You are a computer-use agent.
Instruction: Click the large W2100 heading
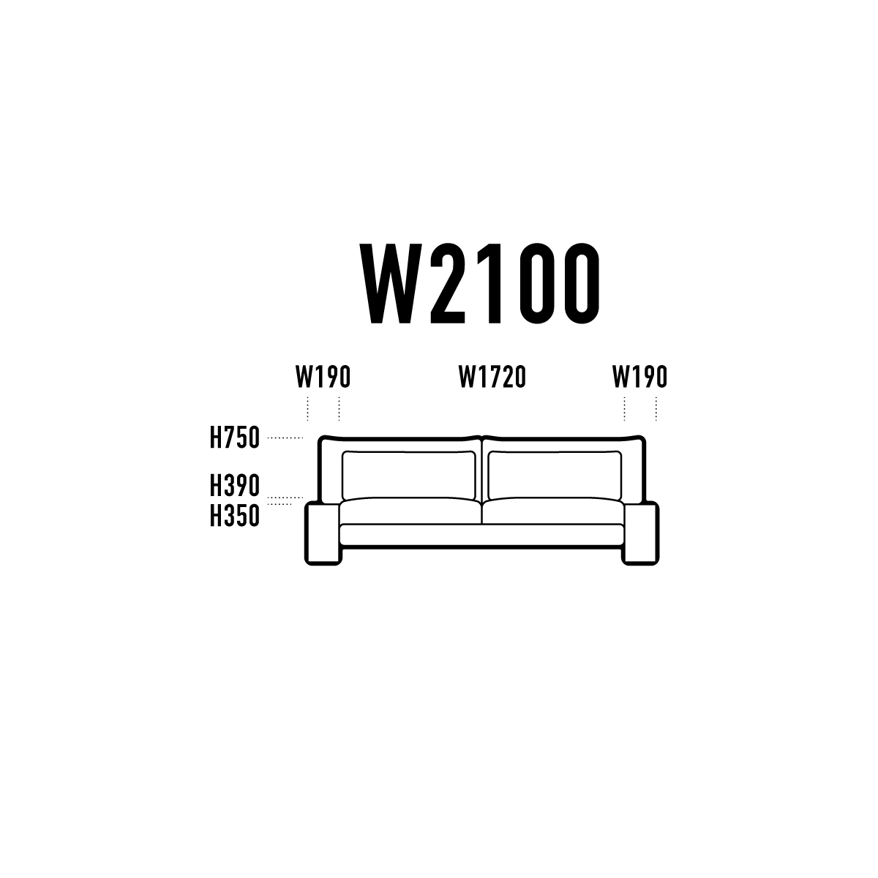click(x=479, y=283)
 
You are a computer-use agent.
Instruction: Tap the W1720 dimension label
click(x=492, y=377)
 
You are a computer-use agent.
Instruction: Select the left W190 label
click(x=323, y=377)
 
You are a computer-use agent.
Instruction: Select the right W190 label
click(x=639, y=377)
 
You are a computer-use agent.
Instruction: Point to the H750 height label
click(x=235, y=438)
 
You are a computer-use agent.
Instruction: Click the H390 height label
click(x=235, y=485)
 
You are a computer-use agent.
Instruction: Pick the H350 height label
click(x=235, y=515)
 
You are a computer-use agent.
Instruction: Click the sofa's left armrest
click(x=323, y=533)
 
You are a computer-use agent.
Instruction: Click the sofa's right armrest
click(x=641, y=533)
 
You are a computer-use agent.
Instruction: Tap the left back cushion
click(x=409, y=475)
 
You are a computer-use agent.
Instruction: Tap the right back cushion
click(x=555, y=475)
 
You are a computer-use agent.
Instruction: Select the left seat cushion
click(x=410, y=511)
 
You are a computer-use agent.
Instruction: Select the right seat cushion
click(x=553, y=511)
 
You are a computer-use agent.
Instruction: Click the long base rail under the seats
click(x=481, y=535)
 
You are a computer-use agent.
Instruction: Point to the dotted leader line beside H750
click(x=285, y=438)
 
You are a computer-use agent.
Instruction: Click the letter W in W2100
click(x=391, y=283)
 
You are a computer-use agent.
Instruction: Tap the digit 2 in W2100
click(x=449, y=283)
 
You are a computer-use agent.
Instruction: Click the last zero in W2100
click(x=582, y=283)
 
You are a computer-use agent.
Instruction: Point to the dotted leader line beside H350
click(x=279, y=504)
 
